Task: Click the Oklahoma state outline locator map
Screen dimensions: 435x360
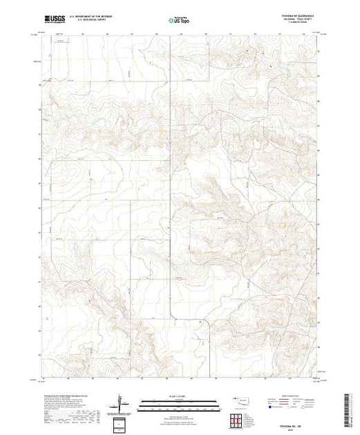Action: (x=241, y=400)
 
